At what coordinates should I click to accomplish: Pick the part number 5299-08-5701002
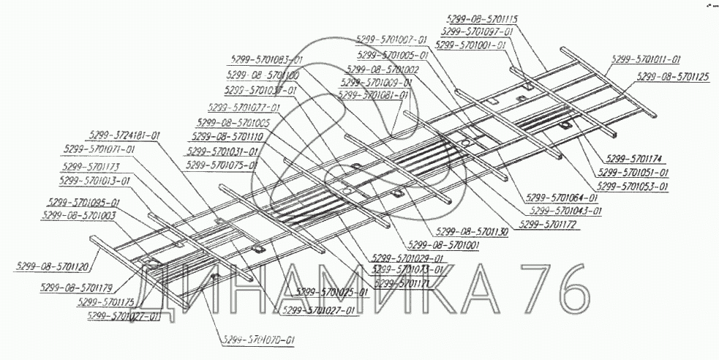coord(380,70)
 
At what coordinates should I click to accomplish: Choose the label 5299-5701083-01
coord(266,59)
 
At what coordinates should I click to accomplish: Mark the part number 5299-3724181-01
coord(124,135)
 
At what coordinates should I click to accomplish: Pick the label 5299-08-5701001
coord(445,244)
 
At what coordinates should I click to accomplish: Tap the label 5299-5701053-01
coord(633,187)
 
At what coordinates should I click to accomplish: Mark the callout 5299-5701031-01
coord(222,152)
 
